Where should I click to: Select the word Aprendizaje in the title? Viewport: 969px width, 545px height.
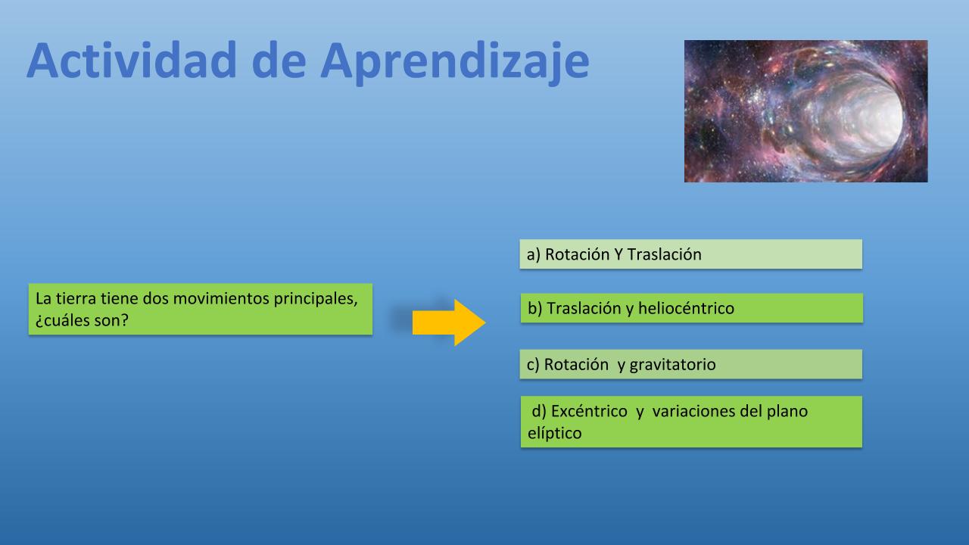point(455,64)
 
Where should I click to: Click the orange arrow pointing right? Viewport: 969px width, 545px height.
point(449,322)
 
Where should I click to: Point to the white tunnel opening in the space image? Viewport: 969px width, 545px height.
point(861,119)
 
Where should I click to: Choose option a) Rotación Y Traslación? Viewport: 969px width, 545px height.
point(691,254)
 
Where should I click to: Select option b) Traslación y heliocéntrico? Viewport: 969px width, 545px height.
point(692,308)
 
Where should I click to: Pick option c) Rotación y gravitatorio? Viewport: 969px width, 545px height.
point(691,364)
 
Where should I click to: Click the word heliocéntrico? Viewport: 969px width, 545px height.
point(686,308)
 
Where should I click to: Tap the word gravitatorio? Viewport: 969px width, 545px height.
point(673,365)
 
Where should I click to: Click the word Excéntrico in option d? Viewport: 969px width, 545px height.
point(589,411)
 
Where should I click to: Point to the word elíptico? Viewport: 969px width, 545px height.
point(555,434)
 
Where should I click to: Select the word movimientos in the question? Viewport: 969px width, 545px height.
point(221,298)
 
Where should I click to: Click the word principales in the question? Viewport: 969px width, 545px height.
point(316,299)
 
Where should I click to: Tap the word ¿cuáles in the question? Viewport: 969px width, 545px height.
point(59,320)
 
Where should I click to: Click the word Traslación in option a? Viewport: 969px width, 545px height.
point(664,254)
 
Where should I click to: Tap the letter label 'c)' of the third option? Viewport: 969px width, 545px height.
point(533,365)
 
